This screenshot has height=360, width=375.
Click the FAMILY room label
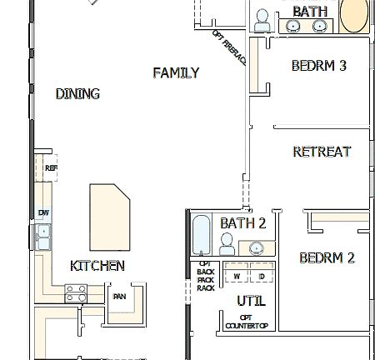pos(176,73)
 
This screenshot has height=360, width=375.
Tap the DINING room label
pos(77,94)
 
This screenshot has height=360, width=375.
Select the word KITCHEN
pos(97,266)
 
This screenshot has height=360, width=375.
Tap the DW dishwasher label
pos(43,213)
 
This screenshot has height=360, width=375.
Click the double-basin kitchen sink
pos(42,237)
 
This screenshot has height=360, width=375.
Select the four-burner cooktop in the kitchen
pos(77,292)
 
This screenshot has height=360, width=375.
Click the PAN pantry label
pos(119,296)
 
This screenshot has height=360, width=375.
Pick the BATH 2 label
pos(242,223)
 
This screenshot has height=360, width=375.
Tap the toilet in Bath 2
pos(227,244)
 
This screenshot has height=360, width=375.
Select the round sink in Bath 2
pos(256,247)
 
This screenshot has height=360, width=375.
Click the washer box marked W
pos(237,276)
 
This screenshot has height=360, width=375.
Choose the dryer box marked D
pos(261,276)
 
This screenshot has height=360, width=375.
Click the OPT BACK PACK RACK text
pos(205,276)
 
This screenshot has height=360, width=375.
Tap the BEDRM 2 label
pos(327,257)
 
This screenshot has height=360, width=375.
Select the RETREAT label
pos(321,152)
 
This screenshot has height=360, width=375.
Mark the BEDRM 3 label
pos(318,66)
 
